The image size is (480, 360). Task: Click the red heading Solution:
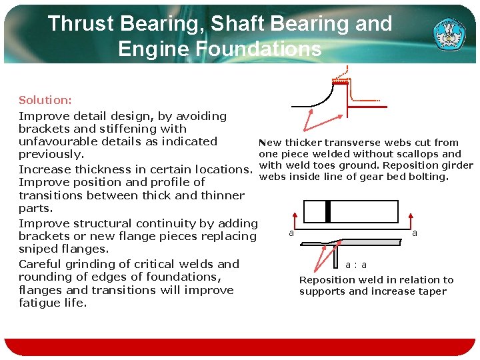coord(45,100)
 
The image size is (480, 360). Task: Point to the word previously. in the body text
coord(51,154)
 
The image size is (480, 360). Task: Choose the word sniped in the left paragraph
coord(39,249)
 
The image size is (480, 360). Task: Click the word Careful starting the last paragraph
coord(42,264)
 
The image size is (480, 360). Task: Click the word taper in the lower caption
coord(431,291)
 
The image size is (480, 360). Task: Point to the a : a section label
coord(356,265)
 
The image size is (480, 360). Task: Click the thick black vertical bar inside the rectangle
coord(328,211)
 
